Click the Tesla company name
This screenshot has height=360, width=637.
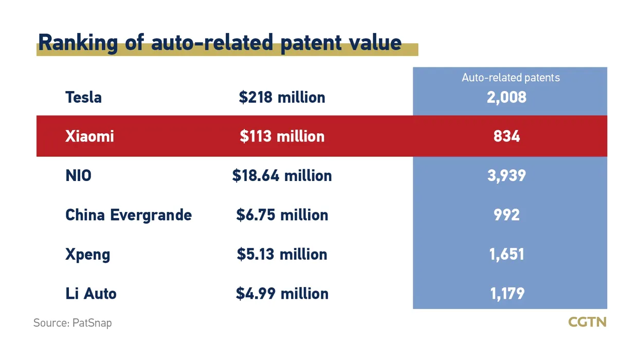[x=83, y=97]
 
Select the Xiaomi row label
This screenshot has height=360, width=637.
[x=89, y=136]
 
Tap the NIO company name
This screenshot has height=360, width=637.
[x=78, y=175]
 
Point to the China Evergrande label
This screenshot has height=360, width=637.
[x=129, y=215]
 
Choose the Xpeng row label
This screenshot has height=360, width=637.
[x=87, y=255]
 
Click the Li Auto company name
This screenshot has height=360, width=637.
[x=90, y=294]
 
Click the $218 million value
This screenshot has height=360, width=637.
[x=282, y=97]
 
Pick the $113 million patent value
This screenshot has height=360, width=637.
[x=282, y=136]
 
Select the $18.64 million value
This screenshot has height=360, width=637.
[x=282, y=175]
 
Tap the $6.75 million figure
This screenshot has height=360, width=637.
[x=282, y=215]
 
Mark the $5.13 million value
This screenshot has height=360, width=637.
[x=282, y=254]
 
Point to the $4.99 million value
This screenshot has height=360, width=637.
[x=282, y=294]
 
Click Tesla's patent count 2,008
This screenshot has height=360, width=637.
[x=506, y=97]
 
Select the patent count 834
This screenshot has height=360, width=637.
[x=506, y=136]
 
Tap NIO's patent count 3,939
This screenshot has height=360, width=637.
[x=506, y=175]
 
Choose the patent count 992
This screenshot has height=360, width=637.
[x=506, y=215]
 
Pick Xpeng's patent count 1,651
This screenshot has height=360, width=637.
[x=506, y=254]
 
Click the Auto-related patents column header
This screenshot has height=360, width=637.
[x=511, y=78]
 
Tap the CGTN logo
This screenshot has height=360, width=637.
[x=587, y=322]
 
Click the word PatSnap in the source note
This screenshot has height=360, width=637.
[x=92, y=323]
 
